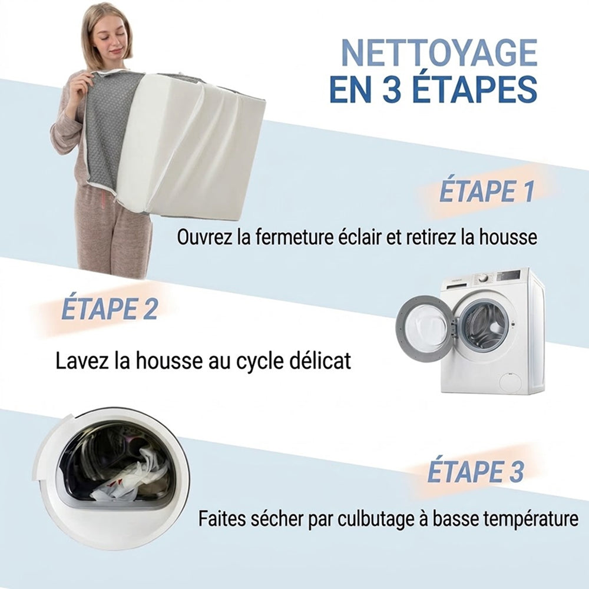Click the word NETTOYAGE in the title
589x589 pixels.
[x=439, y=53]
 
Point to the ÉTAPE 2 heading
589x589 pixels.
[x=110, y=308]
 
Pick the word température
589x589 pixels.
[x=531, y=519]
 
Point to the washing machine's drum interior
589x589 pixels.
[x=482, y=326]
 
